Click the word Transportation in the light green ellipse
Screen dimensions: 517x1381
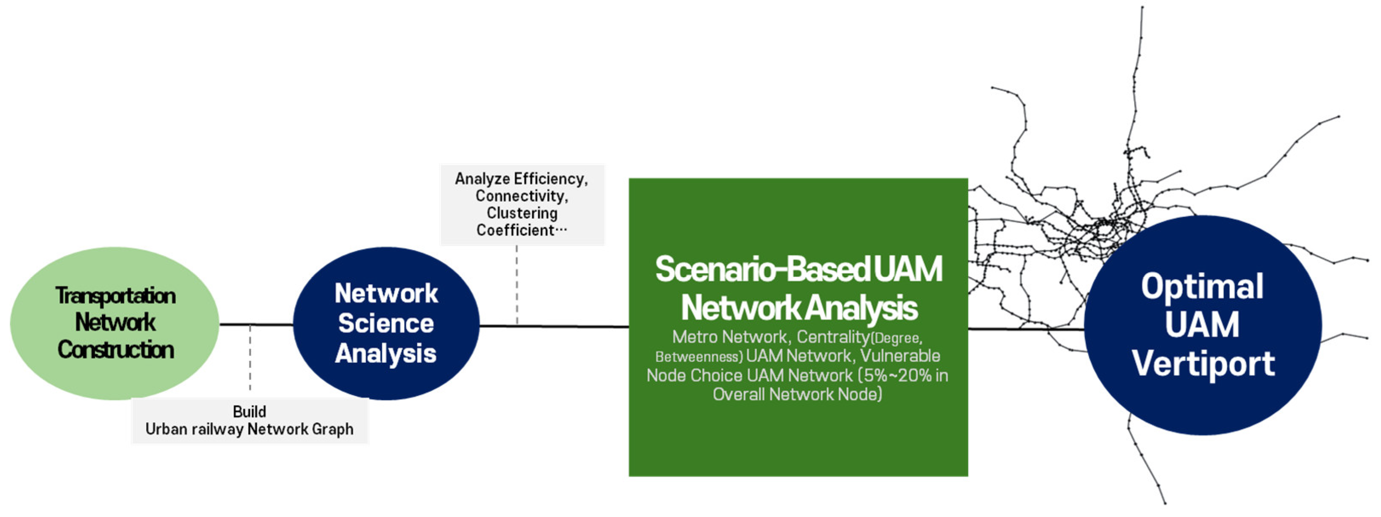pyautogui.click(x=116, y=296)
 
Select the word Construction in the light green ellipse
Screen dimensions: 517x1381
pyautogui.click(x=116, y=350)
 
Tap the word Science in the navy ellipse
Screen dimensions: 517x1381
pyautogui.click(x=386, y=323)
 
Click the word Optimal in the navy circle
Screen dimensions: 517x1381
pyautogui.click(x=1202, y=287)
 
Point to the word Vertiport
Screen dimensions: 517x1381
pyautogui.click(x=1203, y=364)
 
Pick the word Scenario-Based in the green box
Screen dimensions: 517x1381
pyautogui.click(x=761, y=269)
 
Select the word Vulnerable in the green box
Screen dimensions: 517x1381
pyautogui.click(x=900, y=356)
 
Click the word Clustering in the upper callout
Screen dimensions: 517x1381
pyautogui.click(x=522, y=213)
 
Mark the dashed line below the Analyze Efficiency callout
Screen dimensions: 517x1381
pyautogui.click(x=517, y=284)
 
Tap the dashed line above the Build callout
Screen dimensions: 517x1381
pyautogui.click(x=250, y=359)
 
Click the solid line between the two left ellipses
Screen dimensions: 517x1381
pyautogui.click(x=256, y=324)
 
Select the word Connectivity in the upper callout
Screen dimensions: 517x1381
pyautogui.click(x=520, y=196)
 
